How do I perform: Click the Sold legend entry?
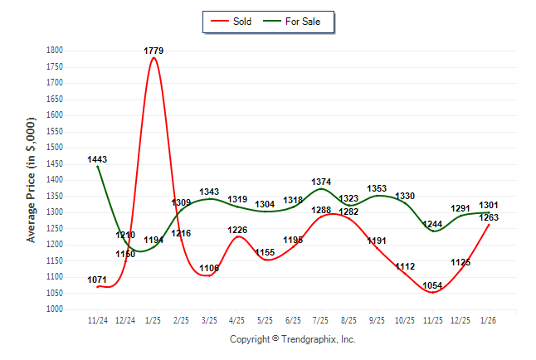pos(236,21)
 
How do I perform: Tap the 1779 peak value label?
pos(153,51)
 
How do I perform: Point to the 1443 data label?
pos(97,159)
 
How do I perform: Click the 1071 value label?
pos(97,280)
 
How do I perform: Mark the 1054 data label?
pos(433,286)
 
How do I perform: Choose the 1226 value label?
pos(237,230)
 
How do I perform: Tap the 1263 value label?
pos(489,217)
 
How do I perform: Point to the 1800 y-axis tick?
pos(55,51)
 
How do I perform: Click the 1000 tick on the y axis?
pos(55,309)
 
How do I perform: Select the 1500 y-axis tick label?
pos(55,148)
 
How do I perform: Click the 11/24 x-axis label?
pos(97,320)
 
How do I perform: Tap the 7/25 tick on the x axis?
pos(321,320)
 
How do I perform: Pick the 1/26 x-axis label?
pos(489,320)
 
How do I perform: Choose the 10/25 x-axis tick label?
pos(405,320)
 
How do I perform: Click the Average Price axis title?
pos(32,180)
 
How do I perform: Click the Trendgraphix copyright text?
pos(292,340)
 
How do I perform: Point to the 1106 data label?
pos(209,268)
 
